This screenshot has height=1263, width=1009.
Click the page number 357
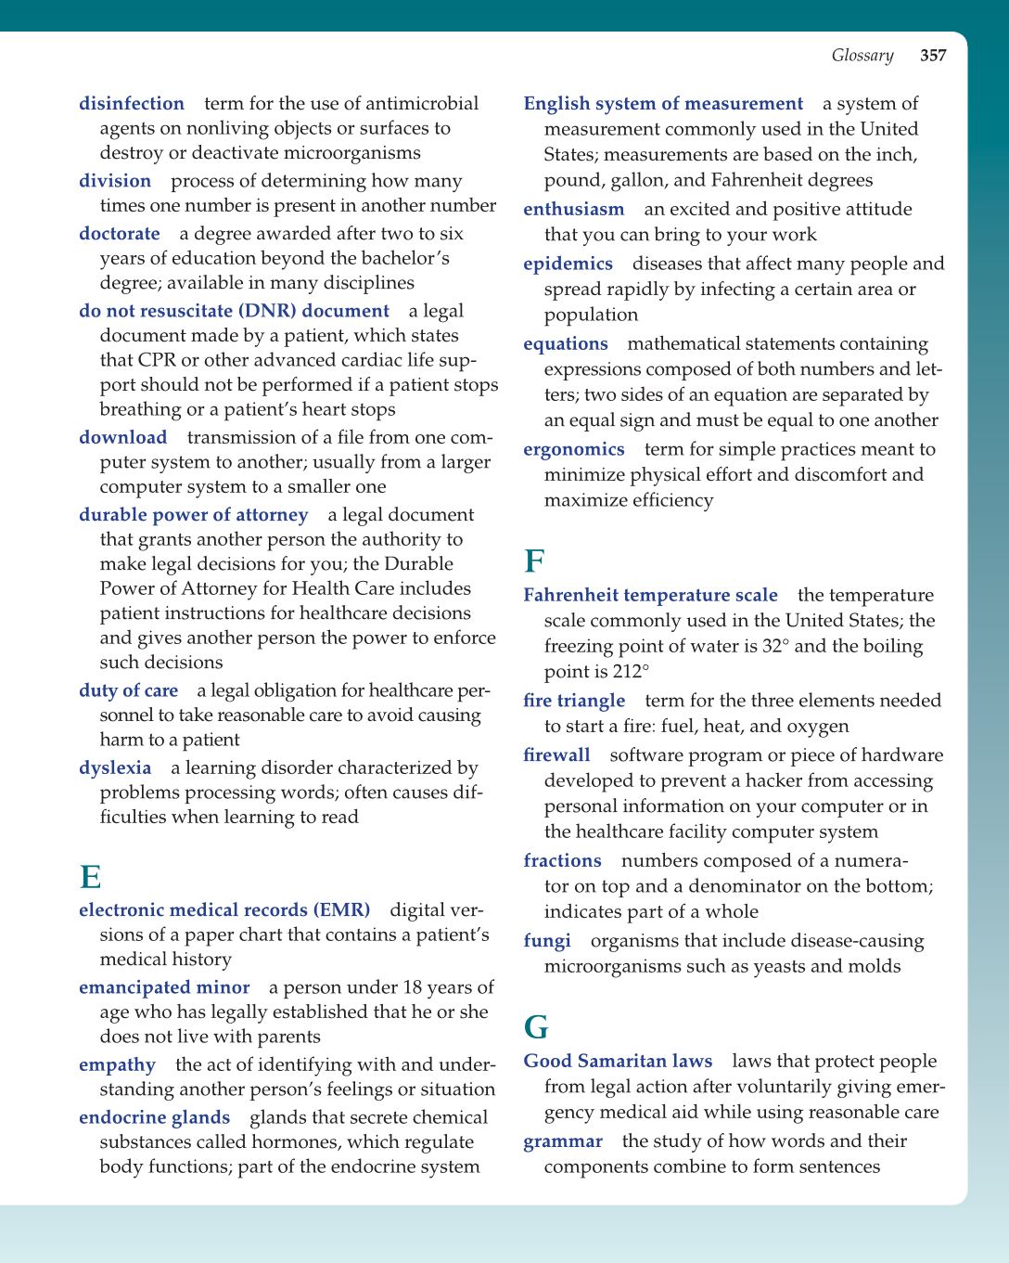pos(933,56)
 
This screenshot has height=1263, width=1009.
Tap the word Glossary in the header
pos(862,56)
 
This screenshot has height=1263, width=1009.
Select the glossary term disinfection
pos(132,104)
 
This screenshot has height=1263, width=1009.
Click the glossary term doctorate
pos(120,234)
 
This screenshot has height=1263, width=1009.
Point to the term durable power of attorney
pos(193,515)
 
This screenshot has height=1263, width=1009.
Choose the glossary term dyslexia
pos(115,768)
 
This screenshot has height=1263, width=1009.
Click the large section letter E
pos(90,877)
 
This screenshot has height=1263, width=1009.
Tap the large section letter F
pos(534,562)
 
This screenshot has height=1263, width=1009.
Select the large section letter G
pos(536,1027)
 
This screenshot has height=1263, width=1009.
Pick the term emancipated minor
pos(164,987)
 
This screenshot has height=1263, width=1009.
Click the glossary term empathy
pos(117,1065)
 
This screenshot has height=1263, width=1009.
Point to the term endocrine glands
pos(154,1118)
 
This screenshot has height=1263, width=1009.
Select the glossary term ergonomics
pos(574,450)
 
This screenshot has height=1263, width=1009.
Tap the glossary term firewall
pos(556,755)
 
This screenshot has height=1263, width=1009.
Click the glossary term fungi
pos(547,941)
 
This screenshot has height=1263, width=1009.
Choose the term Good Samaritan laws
pos(618,1062)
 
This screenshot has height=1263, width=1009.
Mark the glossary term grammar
pos(563,1141)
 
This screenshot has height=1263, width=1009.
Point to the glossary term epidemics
pos(568,264)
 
